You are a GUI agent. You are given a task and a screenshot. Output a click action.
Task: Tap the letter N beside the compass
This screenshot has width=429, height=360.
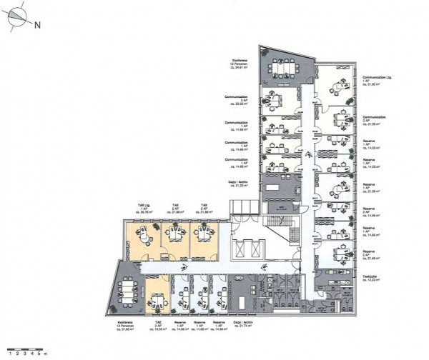coord(38,24)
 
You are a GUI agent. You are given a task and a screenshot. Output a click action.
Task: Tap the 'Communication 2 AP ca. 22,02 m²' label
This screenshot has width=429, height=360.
coord(236,98)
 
